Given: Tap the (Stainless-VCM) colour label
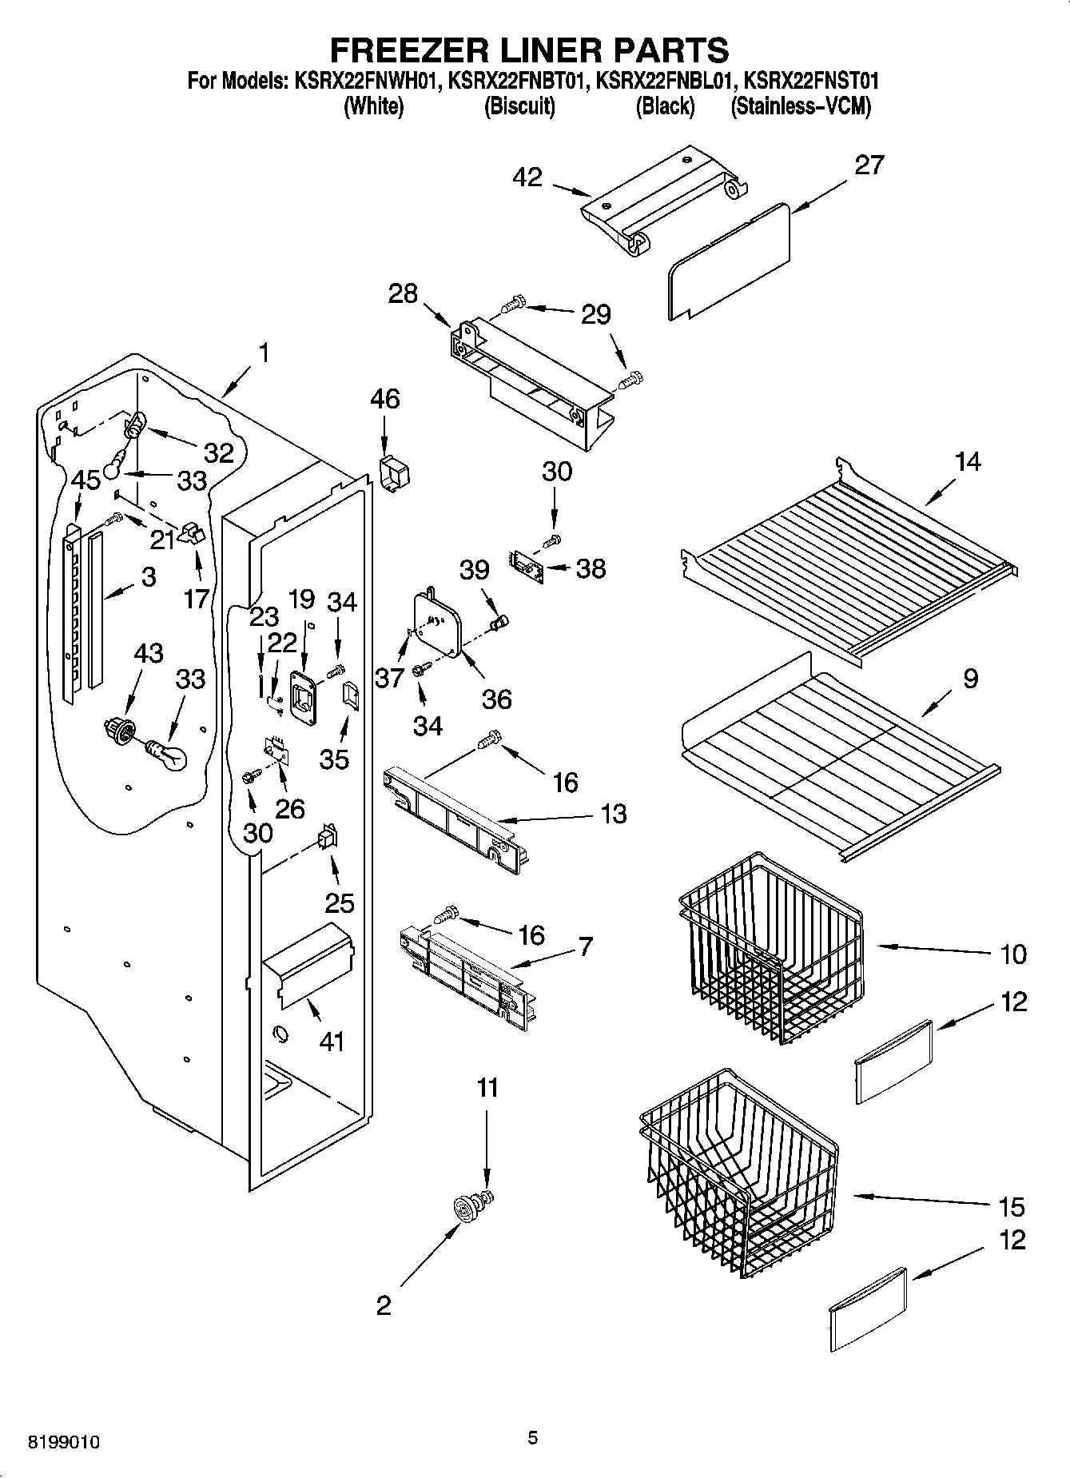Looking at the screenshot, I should [x=801, y=106].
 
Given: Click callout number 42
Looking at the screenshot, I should [x=529, y=177].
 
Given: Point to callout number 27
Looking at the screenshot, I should [x=869, y=165].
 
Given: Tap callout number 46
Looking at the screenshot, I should [x=385, y=398].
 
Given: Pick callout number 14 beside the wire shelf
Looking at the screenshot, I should [x=968, y=461].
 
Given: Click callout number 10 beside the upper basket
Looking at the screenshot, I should [x=1013, y=954].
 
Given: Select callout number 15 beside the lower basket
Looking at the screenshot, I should [x=1011, y=1206].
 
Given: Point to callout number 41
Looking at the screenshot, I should [x=331, y=1042].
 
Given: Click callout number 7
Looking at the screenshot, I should [x=585, y=946].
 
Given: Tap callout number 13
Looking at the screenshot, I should [x=613, y=814].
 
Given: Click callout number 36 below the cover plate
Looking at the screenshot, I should [x=496, y=699].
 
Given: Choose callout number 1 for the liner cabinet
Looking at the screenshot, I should [x=264, y=353].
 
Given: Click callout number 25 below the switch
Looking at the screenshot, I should [x=339, y=902].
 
